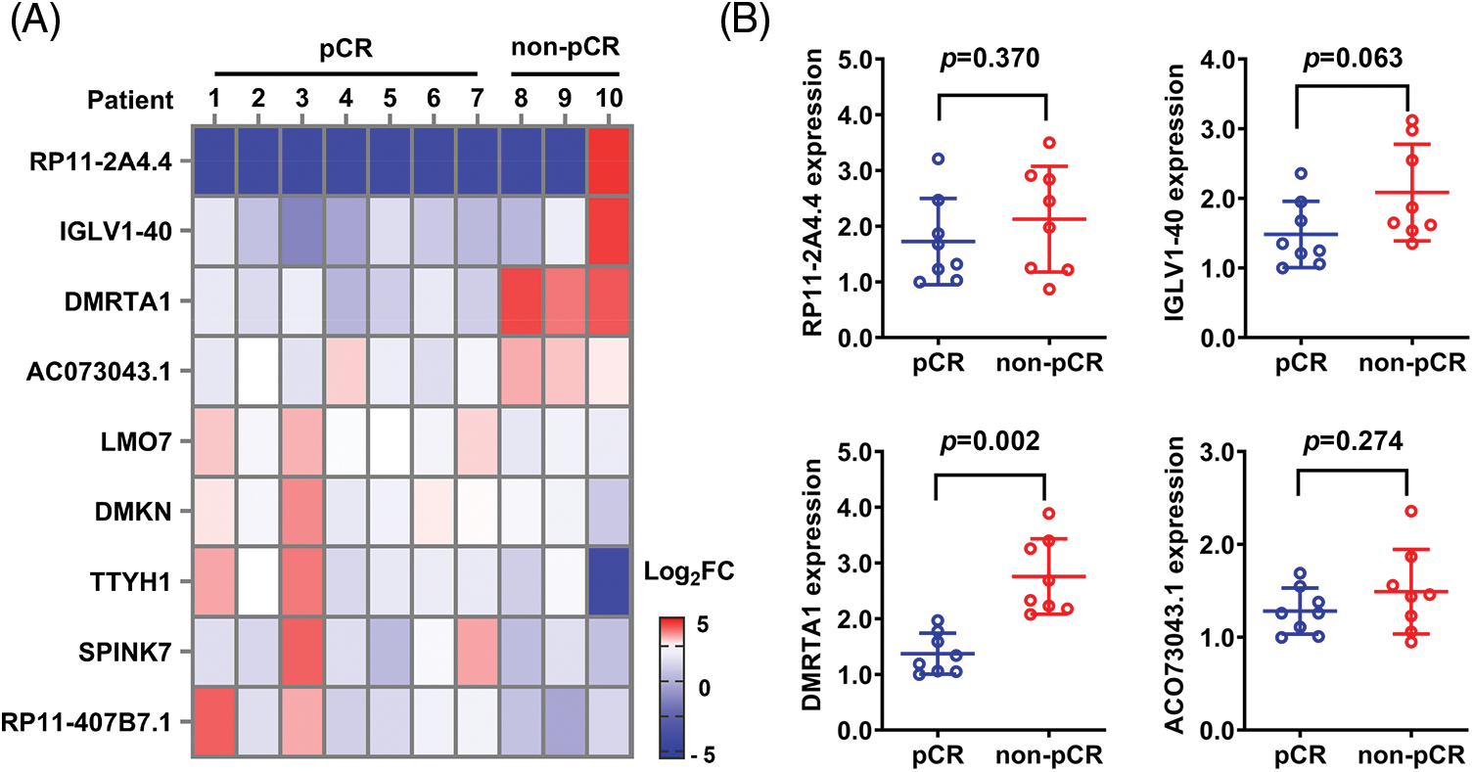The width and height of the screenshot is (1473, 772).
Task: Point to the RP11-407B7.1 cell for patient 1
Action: pos(215,719)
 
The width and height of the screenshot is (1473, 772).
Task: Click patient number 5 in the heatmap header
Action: pos(390,100)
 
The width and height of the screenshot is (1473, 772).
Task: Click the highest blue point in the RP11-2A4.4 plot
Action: pos(938,159)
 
